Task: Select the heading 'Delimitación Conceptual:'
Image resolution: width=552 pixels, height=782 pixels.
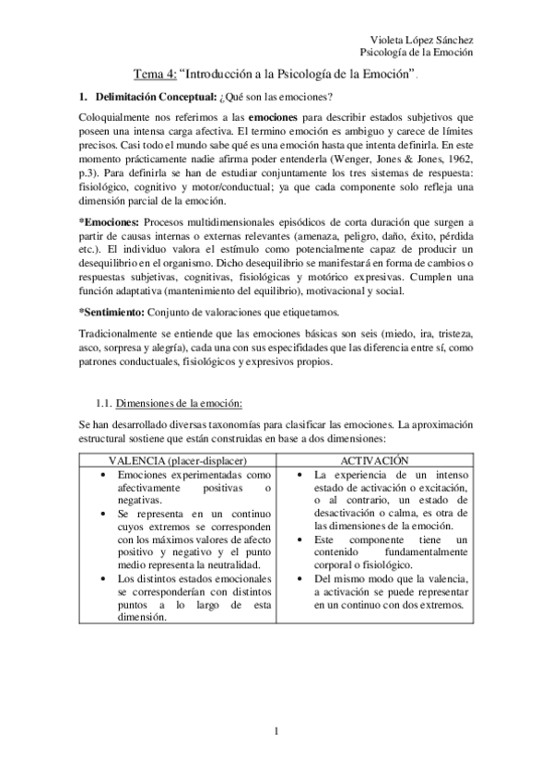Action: tap(154, 98)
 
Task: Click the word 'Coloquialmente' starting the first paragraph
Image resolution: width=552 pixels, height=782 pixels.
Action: tap(121, 118)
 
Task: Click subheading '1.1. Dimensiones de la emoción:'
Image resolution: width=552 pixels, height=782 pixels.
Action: tap(169, 404)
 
